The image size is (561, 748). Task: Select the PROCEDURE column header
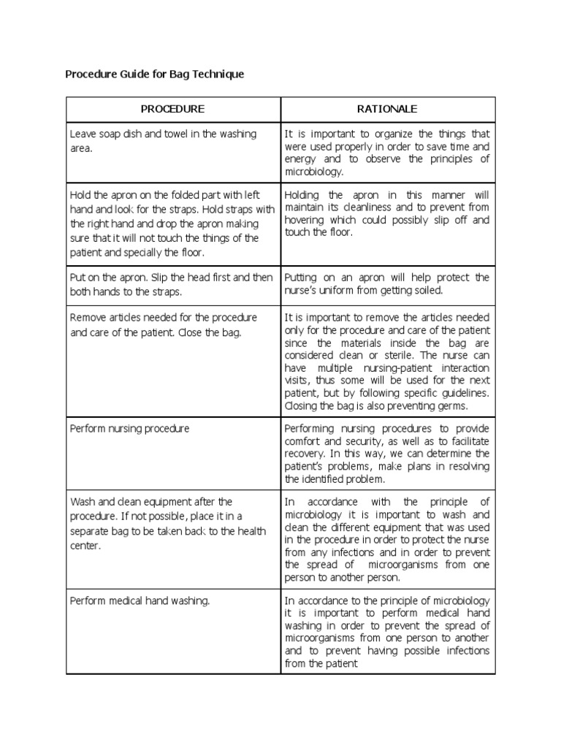[172, 109]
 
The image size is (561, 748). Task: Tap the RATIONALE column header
[387, 109]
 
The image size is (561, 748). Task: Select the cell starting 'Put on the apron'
[173, 284]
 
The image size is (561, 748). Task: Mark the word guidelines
[464, 393]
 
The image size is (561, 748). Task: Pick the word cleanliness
[362, 207]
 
